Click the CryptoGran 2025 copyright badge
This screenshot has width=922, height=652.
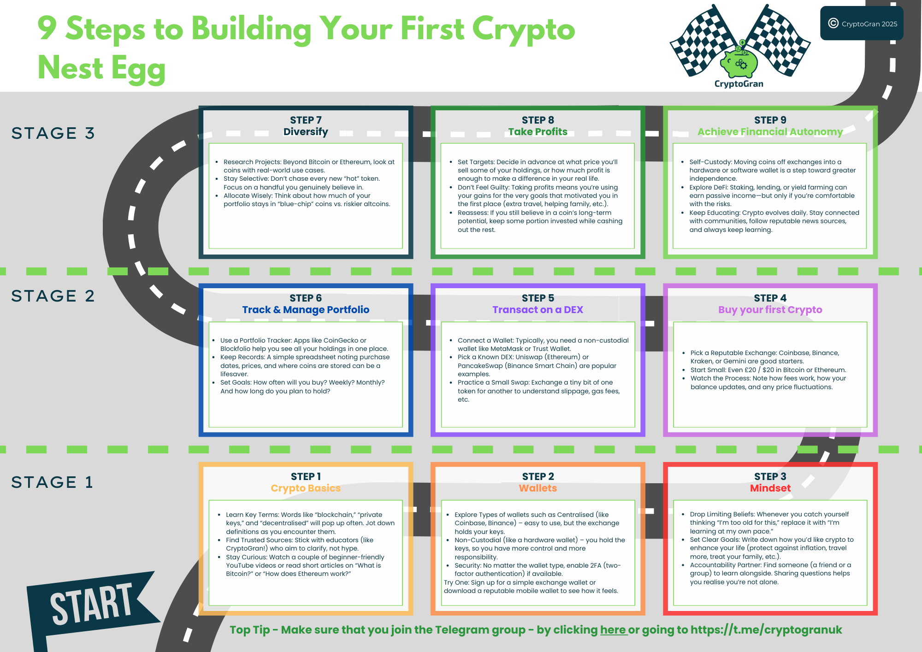point(862,24)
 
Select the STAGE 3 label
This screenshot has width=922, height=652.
point(53,133)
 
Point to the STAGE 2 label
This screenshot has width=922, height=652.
point(53,296)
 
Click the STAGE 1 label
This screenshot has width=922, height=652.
point(52,482)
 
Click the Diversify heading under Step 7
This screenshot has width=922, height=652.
point(306,132)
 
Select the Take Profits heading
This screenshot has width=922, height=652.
point(538,132)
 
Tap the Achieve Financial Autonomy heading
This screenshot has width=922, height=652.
point(770,132)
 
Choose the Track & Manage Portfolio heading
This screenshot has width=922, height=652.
point(306,310)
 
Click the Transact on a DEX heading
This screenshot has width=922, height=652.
point(538,310)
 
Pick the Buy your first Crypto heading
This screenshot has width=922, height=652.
point(770,310)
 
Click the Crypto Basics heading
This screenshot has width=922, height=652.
point(306,488)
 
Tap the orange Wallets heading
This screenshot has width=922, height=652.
point(538,488)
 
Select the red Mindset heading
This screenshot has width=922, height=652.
point(770,488)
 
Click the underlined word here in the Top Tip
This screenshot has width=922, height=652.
point(613,630)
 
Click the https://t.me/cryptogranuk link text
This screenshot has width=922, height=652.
point(766,630)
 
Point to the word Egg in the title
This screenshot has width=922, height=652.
point(138,68)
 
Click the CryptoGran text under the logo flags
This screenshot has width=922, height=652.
point(739,84)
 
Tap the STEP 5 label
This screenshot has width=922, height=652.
point(538,298)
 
